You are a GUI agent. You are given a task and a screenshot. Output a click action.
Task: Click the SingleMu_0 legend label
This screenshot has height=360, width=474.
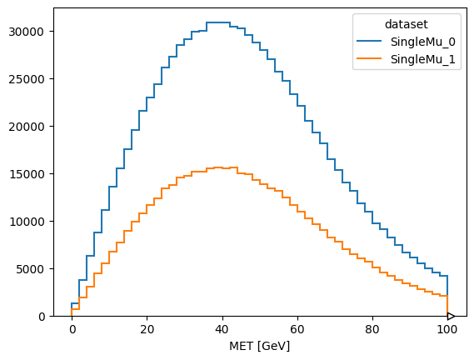tap(422, 42)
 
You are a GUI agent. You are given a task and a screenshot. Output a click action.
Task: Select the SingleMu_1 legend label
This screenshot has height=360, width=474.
tap(422, 59)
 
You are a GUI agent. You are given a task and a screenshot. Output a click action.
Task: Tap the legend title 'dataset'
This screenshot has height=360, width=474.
tap(407, 24)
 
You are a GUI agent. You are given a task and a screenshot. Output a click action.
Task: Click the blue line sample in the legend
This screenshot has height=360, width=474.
tap(369, 41)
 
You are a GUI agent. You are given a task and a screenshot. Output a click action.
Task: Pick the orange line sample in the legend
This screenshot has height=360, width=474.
tap(369, 58)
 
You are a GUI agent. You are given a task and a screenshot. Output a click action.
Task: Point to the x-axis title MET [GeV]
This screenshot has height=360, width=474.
tap(259, 346)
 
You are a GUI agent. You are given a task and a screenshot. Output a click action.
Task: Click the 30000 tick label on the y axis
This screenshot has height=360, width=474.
tap(27, 32)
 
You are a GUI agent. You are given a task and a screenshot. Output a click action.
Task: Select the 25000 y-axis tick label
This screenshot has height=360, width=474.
tap(27, 79)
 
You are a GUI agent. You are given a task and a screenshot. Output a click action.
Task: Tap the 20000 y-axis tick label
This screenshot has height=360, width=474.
tap(27, 127)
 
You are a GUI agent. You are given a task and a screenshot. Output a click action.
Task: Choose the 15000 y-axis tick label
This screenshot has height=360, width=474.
tap(27, 174)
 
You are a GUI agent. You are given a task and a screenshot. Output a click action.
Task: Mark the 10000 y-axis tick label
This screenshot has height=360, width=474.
tap(27, 222)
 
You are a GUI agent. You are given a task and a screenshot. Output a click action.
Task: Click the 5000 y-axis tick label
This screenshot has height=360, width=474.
tap(30, 269)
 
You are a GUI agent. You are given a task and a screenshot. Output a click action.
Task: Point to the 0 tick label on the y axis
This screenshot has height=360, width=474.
tap(42, 317)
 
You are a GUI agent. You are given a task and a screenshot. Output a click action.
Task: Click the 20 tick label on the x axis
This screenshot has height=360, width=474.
tap(147, 329)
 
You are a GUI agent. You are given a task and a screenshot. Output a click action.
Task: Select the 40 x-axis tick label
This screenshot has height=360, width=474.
tap(222, 329)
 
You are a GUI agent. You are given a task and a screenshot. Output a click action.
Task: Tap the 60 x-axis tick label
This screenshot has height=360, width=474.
tap(297, 329)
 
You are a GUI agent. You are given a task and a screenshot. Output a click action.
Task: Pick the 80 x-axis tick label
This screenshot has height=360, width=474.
tap(372, 329)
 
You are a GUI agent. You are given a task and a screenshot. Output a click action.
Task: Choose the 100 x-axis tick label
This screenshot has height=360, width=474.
tap(447, 329)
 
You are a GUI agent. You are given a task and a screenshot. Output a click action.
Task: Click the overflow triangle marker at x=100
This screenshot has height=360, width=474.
tap(451, 316)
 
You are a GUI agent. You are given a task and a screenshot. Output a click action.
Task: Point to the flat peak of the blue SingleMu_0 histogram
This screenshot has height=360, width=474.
tap(218, 22)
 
